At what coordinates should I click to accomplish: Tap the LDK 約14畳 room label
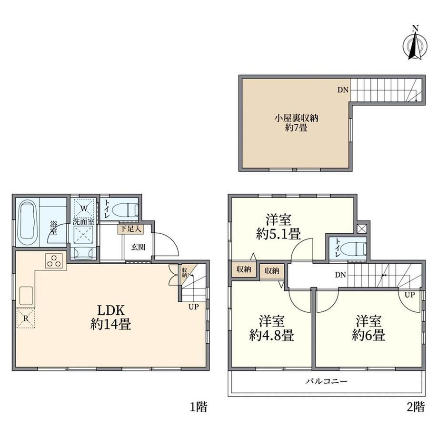point(110,318)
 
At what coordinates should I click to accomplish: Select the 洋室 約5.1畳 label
point(279,227)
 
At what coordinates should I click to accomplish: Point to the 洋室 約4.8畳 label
point(271,328)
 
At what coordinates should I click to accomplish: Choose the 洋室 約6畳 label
point(368,328)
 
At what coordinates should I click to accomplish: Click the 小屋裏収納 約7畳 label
point(297,123)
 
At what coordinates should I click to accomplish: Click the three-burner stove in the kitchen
point(54,261)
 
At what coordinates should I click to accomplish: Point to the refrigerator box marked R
point(25,318)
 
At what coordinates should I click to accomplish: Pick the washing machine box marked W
point(84,208)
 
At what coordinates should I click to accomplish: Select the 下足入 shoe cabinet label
point(130,229)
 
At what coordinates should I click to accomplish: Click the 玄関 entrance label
point(138,247)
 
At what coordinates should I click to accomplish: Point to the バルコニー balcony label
point(326,381)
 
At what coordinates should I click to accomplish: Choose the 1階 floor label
point(199,407)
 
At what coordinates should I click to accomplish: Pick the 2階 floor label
point(416,407)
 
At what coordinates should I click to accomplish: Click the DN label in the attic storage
point(343,90)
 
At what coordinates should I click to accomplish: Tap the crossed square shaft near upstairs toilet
point(361,229)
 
